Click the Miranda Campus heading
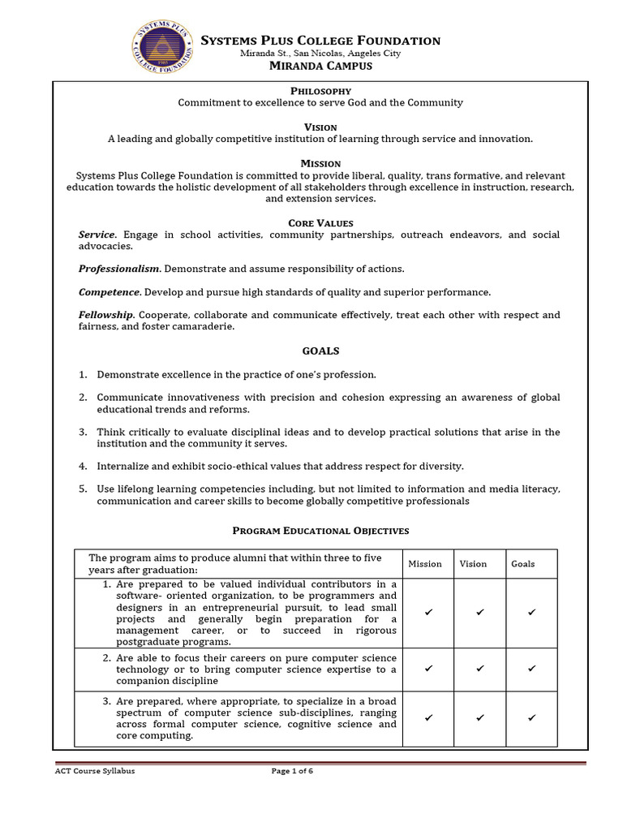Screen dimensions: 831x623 pos(320,67)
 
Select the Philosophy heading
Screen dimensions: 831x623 pos(320,91)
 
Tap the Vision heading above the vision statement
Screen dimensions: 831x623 pos(320,127)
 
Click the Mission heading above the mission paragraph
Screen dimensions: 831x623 pos(320,164)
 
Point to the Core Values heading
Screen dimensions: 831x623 pos(320,222)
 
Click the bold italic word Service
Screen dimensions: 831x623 pos(97,235)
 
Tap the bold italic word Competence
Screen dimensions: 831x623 pos(110,291)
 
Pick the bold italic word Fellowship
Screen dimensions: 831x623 pos(106,315)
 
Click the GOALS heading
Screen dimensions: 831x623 pos(320,351)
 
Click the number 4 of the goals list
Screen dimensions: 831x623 pos(83,467)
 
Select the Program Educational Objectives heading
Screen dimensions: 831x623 pos(320,531)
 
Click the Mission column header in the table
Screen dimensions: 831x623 pos(425,564)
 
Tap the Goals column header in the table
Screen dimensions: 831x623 pos(523,564)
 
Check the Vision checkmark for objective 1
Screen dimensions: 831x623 pos(479,613)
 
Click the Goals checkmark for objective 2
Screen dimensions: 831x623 pos(532,668)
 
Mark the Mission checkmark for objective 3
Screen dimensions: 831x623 pos(428,718)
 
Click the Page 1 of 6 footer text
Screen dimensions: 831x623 pos(292,771)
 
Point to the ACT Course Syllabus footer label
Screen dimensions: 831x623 pos(89,771)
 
